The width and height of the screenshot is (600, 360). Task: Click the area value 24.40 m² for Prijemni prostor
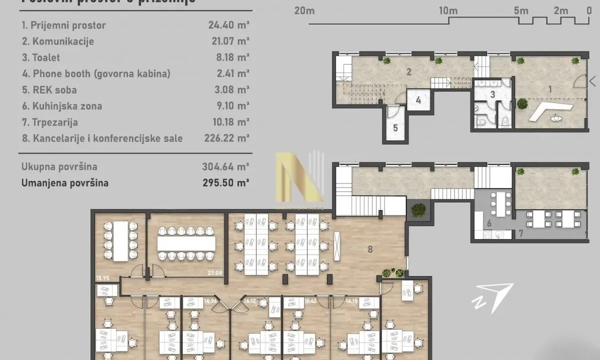[229, 25]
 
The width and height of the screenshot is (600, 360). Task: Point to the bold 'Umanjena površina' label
[64, 183]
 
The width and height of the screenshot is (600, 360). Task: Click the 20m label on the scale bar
[304, 10]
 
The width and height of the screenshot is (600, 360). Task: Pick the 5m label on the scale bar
[520, 10]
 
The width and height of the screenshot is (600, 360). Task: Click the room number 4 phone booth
[418, 100]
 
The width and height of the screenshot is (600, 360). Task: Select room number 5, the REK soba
[395, 128]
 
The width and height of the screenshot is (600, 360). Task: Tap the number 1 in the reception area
[550, 90]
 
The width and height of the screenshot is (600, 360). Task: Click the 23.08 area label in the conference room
[214, 273]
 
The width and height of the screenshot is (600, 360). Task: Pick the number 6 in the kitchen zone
[489, 223]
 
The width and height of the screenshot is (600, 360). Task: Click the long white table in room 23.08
[186, 243]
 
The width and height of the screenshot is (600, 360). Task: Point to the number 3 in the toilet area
[492, 94]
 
